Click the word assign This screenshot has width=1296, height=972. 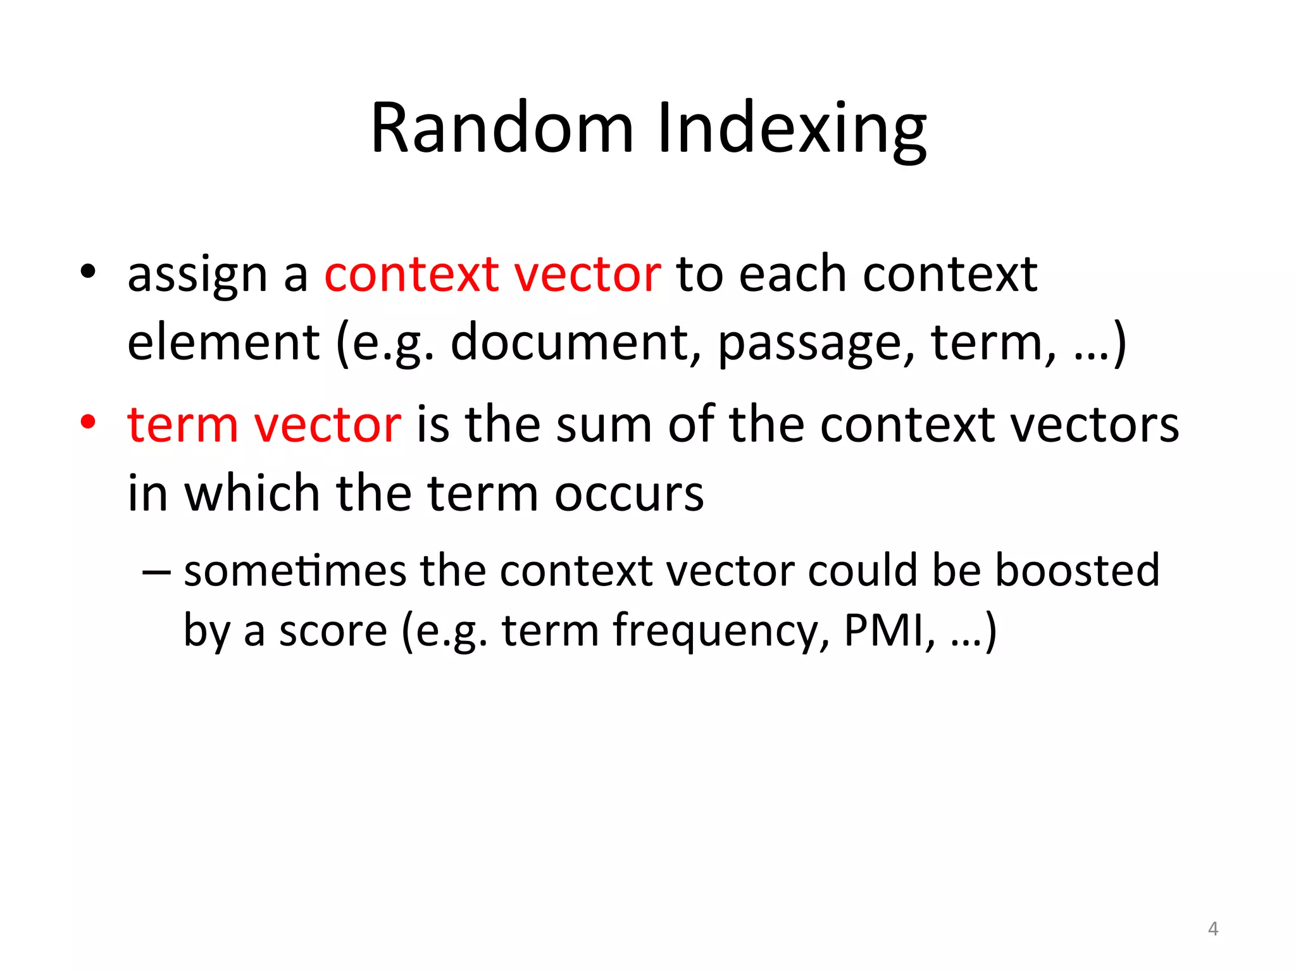click(197, 276)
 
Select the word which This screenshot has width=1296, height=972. click(252, 493)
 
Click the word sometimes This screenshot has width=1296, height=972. click(295, 571)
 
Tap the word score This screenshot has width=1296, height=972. click(333, 631)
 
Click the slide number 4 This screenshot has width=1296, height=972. click(1212, 929)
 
